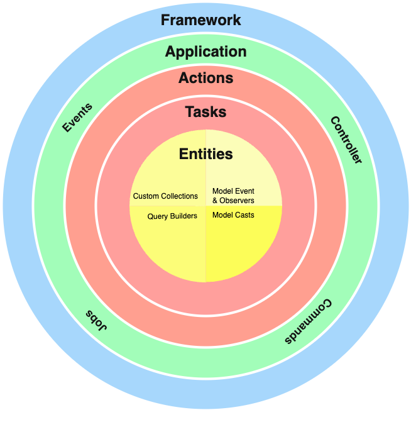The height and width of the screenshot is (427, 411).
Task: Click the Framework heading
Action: point(200,20)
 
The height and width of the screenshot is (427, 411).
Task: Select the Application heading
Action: point(205,52)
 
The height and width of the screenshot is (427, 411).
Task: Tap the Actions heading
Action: point(205,79)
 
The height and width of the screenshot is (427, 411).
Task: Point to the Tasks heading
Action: point(205,113)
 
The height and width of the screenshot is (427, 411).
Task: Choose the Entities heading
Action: point(205,154)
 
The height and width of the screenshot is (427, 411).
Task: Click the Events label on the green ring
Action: point(77,118)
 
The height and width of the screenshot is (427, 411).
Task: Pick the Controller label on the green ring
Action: point(346,140)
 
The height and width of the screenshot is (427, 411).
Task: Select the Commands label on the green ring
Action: point(307,321)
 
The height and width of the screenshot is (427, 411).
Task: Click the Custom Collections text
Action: point(165,196)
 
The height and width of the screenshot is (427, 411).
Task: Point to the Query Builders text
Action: point(172,216)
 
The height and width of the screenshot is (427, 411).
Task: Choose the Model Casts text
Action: point(233,215)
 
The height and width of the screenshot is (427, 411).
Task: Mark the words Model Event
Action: point(233,192)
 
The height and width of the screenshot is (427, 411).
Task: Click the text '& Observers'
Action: point(233,201)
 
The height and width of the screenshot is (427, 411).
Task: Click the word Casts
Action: point(244,215)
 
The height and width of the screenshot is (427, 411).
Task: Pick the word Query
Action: point(157,216)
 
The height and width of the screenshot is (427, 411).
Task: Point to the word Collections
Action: point(179,196)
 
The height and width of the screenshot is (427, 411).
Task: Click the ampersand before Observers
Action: point(215,201)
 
